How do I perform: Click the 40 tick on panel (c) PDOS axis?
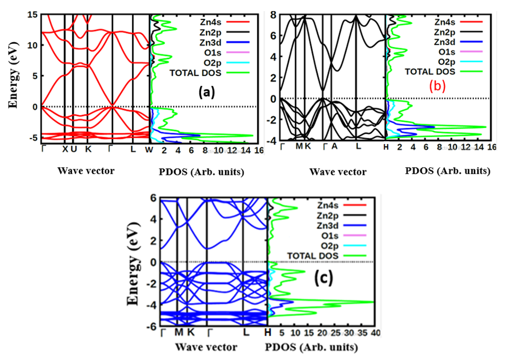(376, 333)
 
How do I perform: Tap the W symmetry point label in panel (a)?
(149, 150)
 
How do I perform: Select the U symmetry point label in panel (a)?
(74, 150)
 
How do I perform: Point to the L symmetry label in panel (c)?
(246, 333)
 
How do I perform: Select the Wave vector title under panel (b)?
(338, 172)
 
